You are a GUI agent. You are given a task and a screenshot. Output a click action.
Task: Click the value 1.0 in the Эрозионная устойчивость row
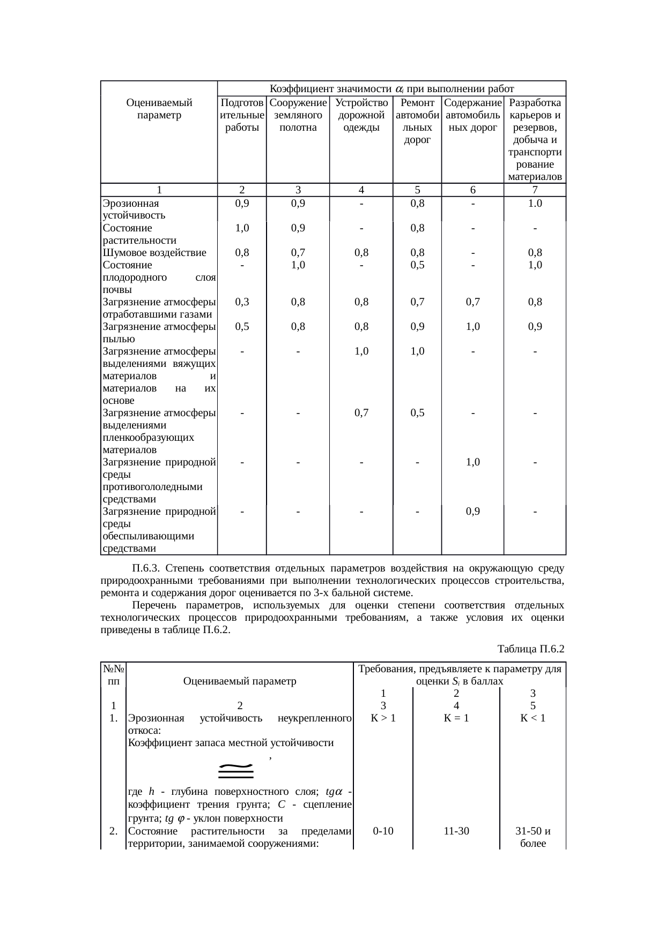535,204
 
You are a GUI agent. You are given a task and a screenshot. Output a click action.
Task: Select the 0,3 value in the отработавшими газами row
242,302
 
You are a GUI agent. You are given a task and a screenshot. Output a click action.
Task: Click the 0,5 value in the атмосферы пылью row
242,327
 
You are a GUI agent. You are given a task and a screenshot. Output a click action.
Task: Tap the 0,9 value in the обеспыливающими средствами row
472,512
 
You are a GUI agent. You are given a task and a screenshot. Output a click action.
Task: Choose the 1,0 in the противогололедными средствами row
472,462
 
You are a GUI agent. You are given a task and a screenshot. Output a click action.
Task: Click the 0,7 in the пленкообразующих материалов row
362,413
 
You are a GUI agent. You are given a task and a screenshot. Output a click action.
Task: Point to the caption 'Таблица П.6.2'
531,649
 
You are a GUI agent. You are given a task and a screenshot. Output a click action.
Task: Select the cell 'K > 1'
383,718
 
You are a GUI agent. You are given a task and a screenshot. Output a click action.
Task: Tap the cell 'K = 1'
456,718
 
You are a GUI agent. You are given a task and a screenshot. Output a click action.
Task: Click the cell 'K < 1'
533,718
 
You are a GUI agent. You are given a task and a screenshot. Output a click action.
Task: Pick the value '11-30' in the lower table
456,831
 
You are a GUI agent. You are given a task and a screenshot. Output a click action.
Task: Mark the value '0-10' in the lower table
383,831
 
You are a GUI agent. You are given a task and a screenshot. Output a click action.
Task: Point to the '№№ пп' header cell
114,675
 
